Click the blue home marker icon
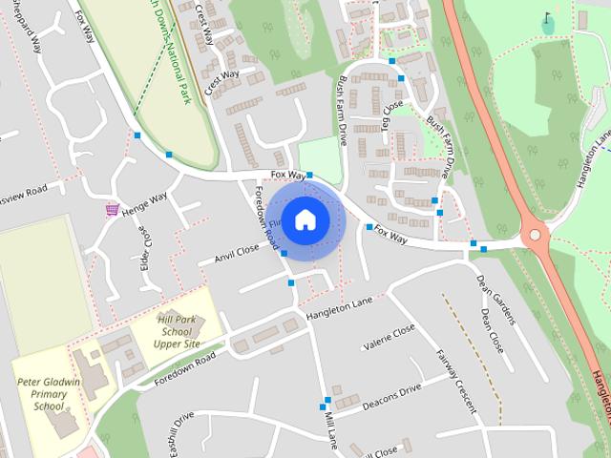305,219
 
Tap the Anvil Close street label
237,252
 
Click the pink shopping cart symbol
113,209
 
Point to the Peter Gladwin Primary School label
49,393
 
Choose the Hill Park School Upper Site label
178,330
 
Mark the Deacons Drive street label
391,397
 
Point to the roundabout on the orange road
536,234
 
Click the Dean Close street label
493,330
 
